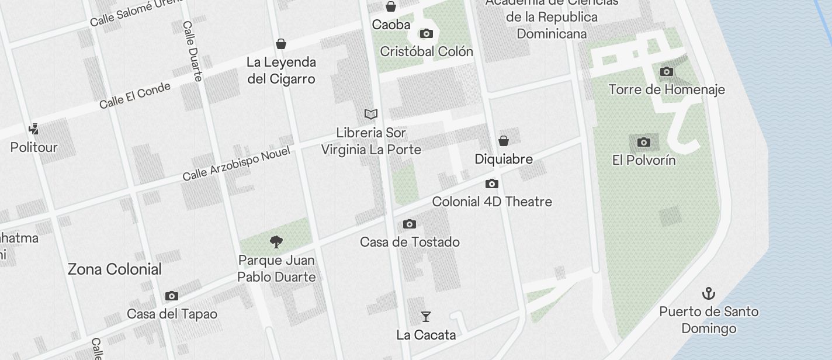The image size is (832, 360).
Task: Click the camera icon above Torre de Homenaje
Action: [666, 72]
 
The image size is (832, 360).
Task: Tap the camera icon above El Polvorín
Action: [643, 142]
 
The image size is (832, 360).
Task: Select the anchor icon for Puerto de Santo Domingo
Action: [708, 293]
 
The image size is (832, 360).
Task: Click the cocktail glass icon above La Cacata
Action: [426, 317]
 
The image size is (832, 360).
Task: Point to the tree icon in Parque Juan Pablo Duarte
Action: [276, 242]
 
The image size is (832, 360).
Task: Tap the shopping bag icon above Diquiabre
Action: [503, 141]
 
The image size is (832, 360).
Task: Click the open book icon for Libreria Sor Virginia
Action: [371, 114]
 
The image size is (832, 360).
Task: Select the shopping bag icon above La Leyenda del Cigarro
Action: [281, 44]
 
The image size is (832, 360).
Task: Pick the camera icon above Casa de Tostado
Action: [410, 224]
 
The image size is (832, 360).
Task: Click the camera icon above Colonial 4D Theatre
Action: [492, 184]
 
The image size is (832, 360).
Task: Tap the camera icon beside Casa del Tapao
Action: [171, 296]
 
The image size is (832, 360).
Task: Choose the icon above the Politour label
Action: [34, 129]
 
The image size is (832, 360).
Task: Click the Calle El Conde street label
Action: [135, 95]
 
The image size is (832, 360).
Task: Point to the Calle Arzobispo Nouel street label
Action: [236, 164]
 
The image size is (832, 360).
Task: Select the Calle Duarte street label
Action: [192, 51]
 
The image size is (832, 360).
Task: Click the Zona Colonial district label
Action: [115, 269]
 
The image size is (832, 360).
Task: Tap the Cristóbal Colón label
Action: [427, 51]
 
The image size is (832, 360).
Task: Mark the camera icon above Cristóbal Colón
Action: [427, 33]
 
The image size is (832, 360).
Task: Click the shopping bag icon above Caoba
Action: [390, 6]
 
